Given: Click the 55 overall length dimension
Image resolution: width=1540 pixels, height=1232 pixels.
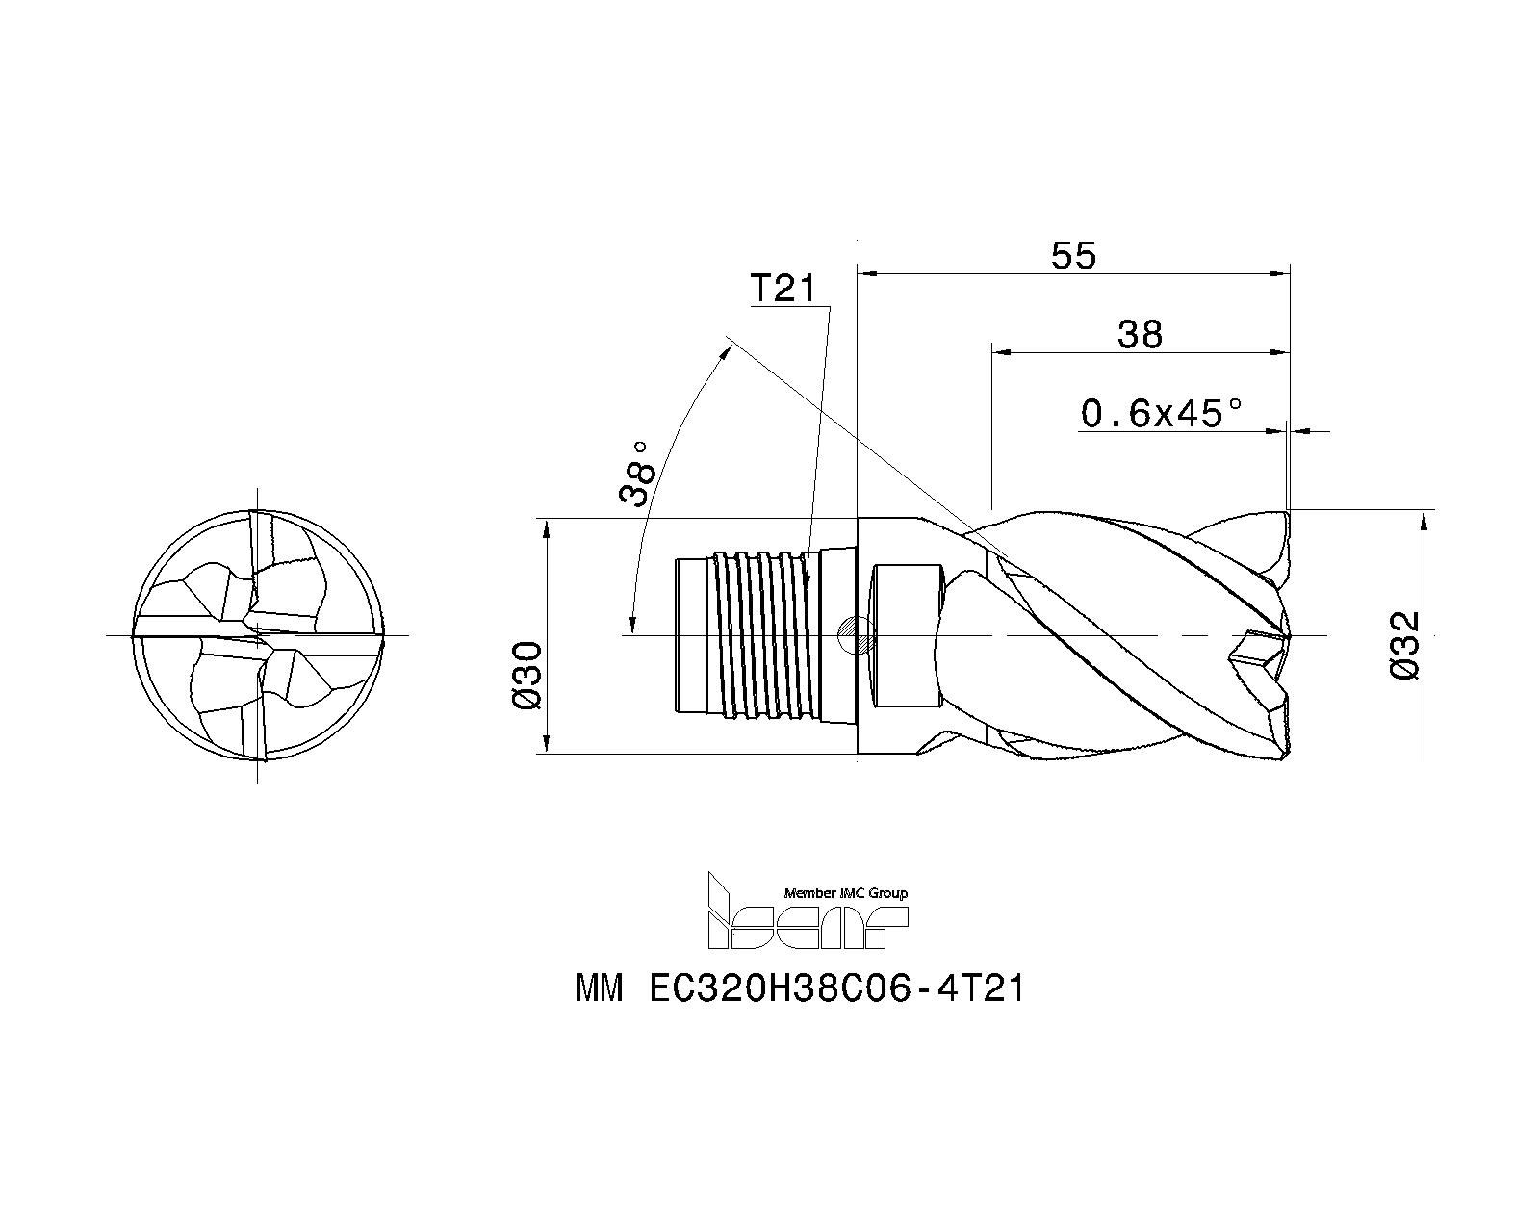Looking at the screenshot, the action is [1073, 256].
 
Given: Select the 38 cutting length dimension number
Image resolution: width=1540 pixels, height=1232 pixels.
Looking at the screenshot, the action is [1140, 334].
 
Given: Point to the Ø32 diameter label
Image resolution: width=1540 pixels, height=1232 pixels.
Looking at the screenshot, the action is [1404, 645].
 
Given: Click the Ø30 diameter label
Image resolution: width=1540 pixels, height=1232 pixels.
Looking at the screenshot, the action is [527, 675].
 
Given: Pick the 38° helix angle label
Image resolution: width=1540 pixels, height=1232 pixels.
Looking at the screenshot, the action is [637, 474].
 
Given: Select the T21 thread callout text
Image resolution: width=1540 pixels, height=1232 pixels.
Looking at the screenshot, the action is [783, 289].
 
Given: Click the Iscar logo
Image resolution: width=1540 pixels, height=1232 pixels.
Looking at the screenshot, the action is [808, 910].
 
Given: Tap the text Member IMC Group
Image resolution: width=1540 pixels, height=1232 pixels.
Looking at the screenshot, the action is [846, 892].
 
